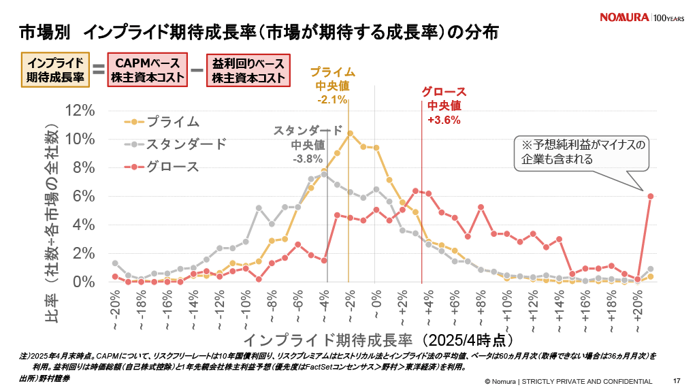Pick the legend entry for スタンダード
click(x=176, y=144)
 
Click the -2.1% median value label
click(x=332, y=100)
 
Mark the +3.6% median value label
click(x=444, y=120)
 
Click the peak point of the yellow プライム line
click(x=350, y=133)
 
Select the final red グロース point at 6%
click(x=651, y=196)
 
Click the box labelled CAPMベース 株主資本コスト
click(x=148, y=71)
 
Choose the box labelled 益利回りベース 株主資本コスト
click(x=247, y=71)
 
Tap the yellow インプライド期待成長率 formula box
click(x=55, y=71)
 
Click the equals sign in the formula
click(x=98, y=70)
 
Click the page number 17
click(x=677, y=380)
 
